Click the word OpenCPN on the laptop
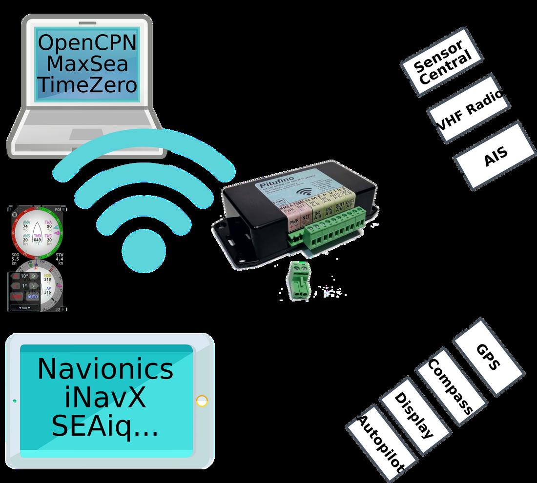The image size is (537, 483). [87, 42]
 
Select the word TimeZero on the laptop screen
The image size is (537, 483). [87, 85]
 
